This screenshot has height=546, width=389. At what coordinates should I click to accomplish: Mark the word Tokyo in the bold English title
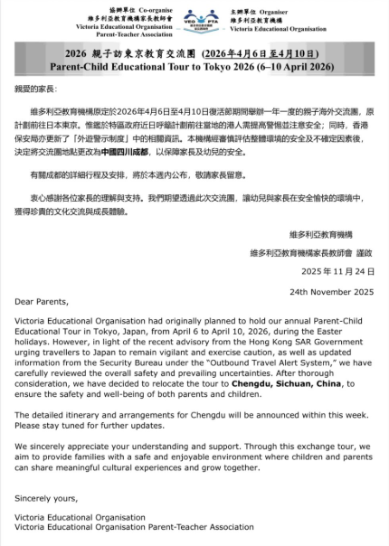click(255, 66)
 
